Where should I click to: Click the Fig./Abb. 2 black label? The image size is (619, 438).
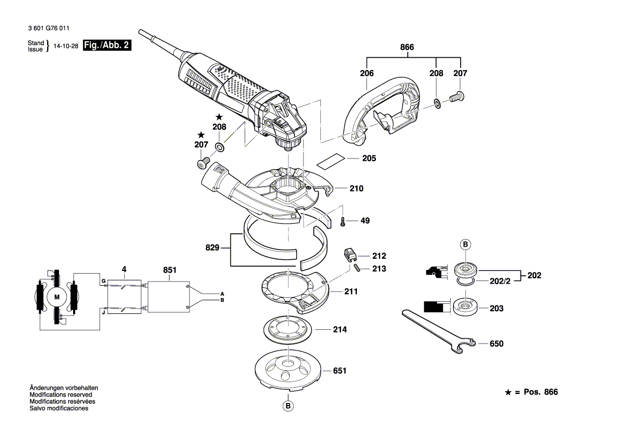click(107, 46)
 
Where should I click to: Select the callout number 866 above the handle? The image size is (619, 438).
click(406, 48)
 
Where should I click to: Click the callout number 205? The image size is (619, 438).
click(369, 159)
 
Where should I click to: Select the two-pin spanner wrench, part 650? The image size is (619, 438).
click(437, 329)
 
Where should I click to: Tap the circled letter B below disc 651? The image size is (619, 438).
click(288, 406)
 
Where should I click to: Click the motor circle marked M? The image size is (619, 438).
click(57, 297)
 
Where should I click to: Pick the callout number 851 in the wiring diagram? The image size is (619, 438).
click(169, 270)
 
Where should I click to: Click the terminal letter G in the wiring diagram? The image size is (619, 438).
click(104, 279)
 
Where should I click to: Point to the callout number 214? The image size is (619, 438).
click(339, 329)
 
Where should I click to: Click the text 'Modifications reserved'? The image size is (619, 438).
click(61, 395)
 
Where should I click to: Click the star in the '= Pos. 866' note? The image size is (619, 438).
click(508, 392)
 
